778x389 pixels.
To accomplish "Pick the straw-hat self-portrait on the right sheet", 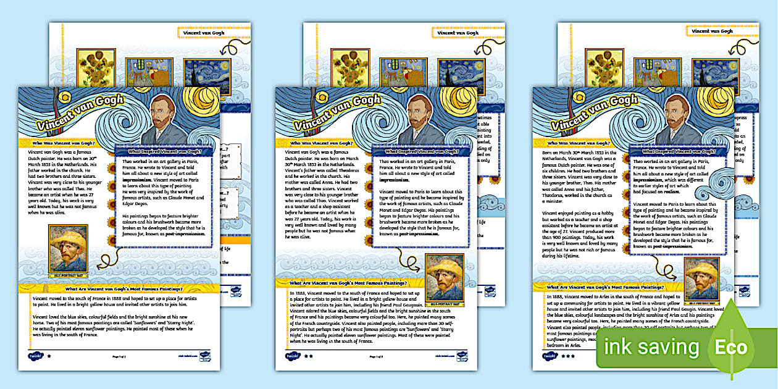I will (701, 279).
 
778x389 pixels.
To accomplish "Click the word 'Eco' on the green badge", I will (730, 347).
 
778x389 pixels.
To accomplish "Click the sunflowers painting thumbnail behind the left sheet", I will (94, 64).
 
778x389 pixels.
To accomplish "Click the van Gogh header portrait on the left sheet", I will (164, 120).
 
